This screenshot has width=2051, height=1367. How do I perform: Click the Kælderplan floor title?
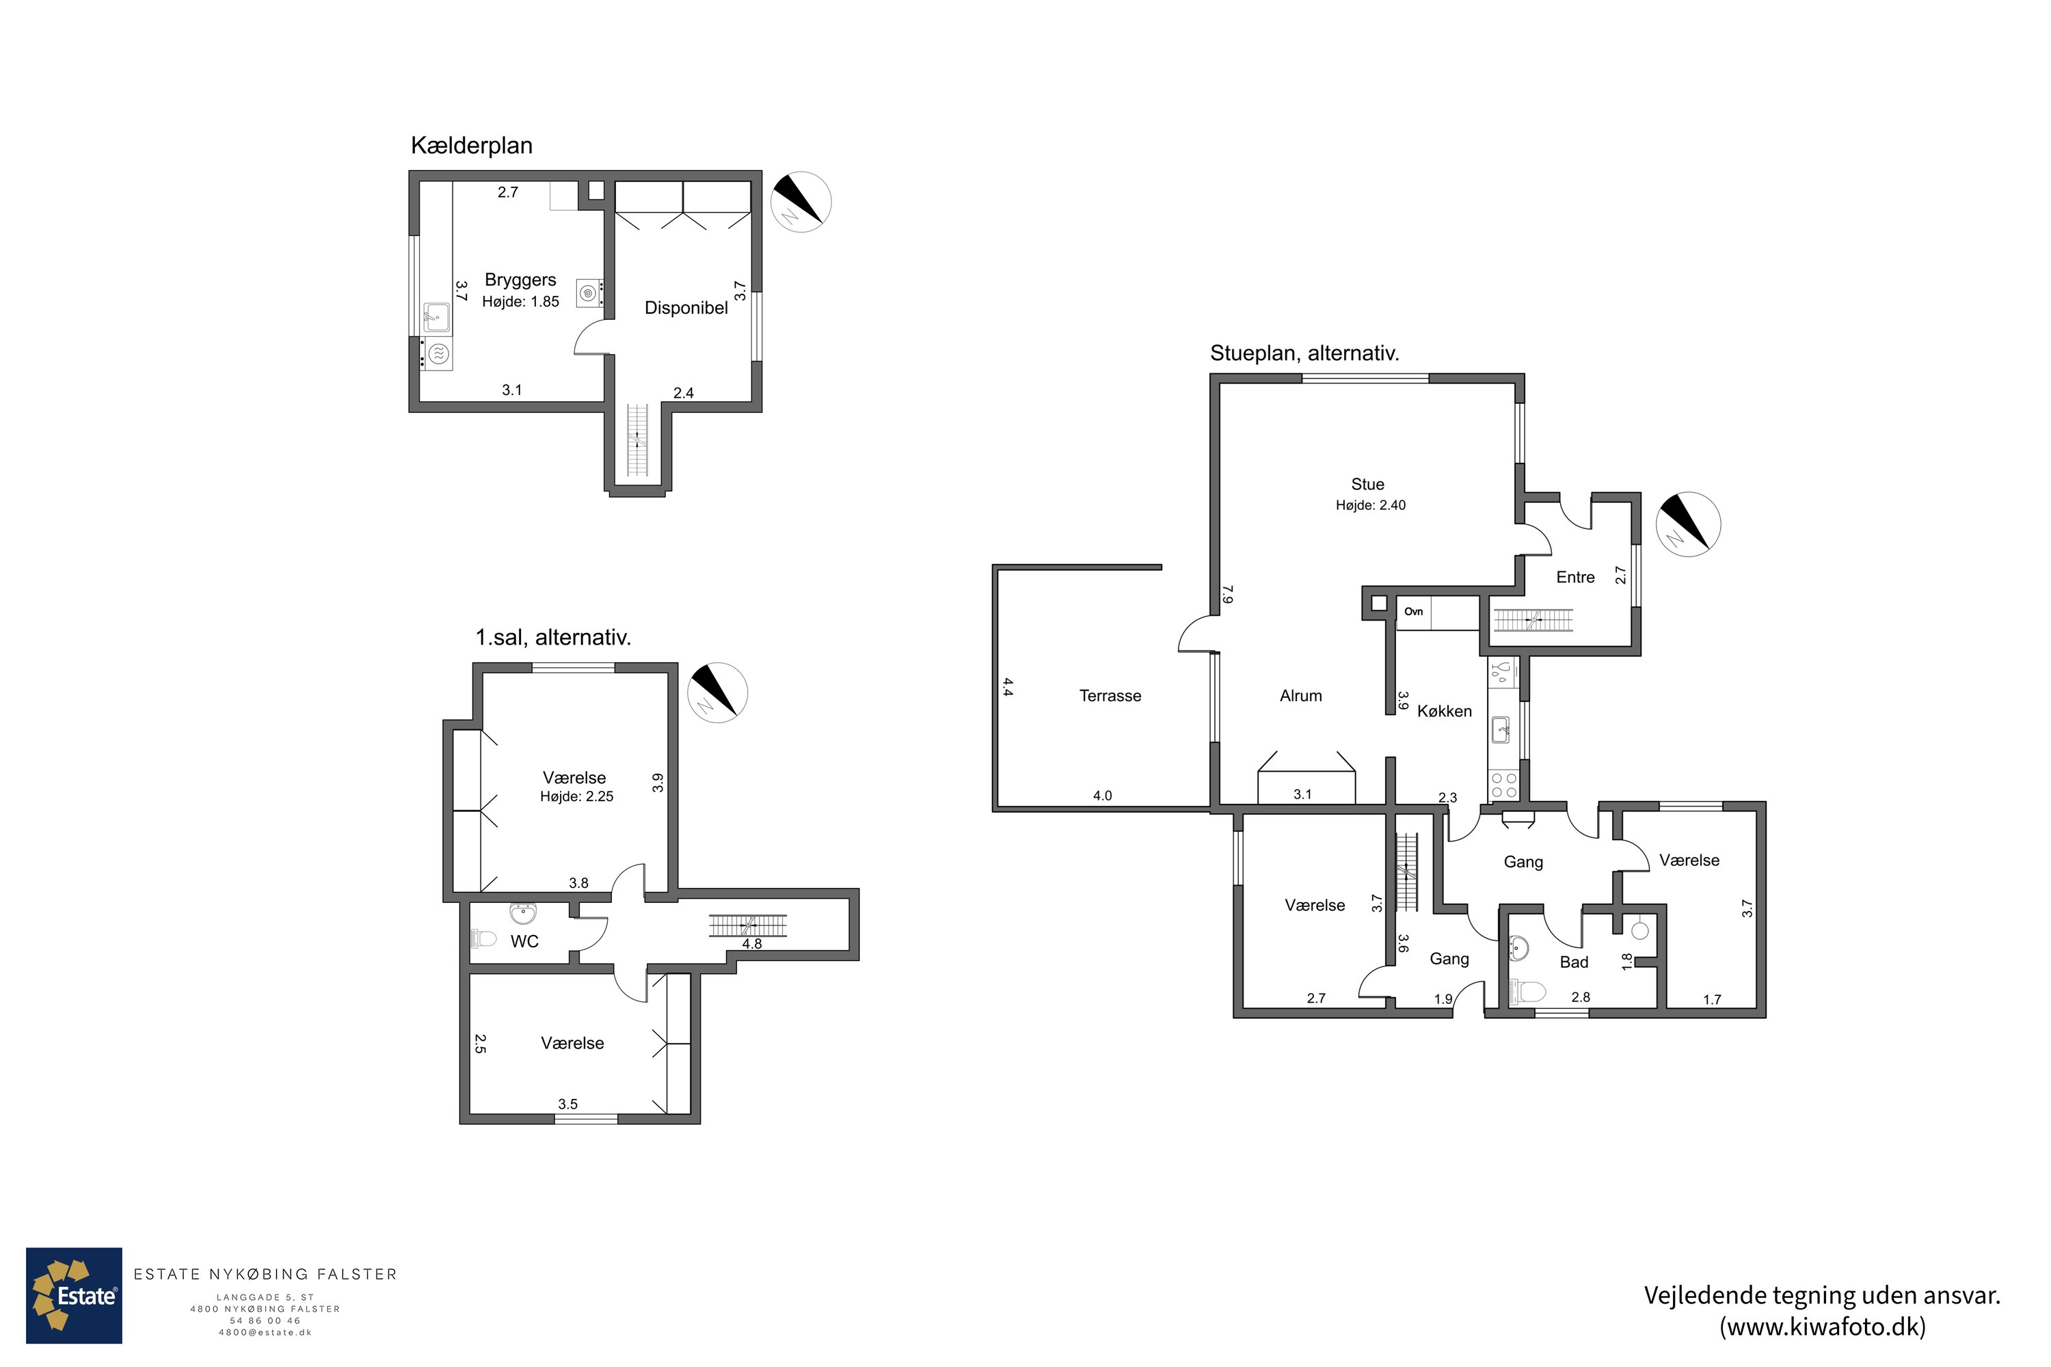click(x=472, y=146)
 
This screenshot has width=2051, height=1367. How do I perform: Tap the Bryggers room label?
click(x=520, y=280)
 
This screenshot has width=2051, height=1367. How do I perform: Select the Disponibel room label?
click(x=686, y=308)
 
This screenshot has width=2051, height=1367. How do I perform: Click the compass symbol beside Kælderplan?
click(x=801, y=202)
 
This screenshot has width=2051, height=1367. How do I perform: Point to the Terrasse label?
click(x=1110, y=696)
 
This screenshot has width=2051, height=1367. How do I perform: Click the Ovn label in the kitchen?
click(x=1414, y=612)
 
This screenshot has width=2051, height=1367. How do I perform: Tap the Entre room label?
click(x=1575, y=577)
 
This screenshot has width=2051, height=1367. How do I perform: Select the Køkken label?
click(x=1444, y=712)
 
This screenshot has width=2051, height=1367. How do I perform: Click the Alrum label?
click(x=1301, y=696)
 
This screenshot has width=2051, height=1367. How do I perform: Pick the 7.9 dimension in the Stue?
click(x=1228, y=595)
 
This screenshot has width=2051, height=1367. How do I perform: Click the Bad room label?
click(x=1574, y=962)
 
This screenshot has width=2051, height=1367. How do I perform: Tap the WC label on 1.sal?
click(x=525, y=942)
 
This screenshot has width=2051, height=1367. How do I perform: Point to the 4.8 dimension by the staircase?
click(x=751, y=943)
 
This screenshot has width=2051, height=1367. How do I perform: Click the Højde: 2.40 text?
click(x=1371, y=505)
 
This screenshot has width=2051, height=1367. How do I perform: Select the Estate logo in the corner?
click(x=74, y=1295)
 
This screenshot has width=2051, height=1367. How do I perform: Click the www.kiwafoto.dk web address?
click(x=1823, y=1327)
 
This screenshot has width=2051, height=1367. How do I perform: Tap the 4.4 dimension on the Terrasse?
click(x=1007, y=687)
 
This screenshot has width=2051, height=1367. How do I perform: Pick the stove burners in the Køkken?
click(x=1503, y=785)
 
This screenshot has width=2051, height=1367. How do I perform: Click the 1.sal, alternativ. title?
click(x=553, y=637)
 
